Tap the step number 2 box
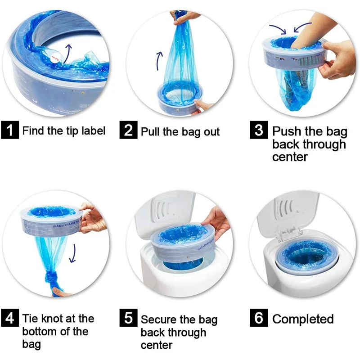pyautogui.click(x=129, y=130)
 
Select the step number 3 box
pyautogui.click(x=258, y=130)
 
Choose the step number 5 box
pyautogui.click(x=129, y=319)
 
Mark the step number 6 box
pyautogui.click(x=258, y=319)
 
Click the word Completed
pyautogui.click(x=303, y=319)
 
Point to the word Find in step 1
pyautogui.click(x=34, y=131)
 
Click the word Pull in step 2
pyautogui.click(x=150, y=131)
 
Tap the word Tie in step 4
pyautogui.click(x=31, y=319)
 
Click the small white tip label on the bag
pyautogui.click(x=55, y=56)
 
